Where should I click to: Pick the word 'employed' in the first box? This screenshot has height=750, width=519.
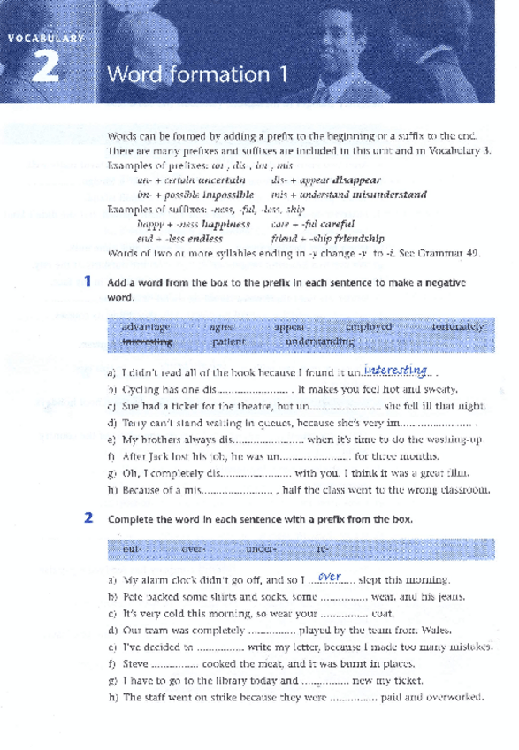click(368, 326)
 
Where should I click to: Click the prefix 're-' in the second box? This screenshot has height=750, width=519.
click(323, 549)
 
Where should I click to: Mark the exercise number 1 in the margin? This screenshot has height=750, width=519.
click(88, 281)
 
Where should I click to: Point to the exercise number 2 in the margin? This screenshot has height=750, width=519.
click(88, 519)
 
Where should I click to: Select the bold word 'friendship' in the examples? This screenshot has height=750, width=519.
click(352, 238)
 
